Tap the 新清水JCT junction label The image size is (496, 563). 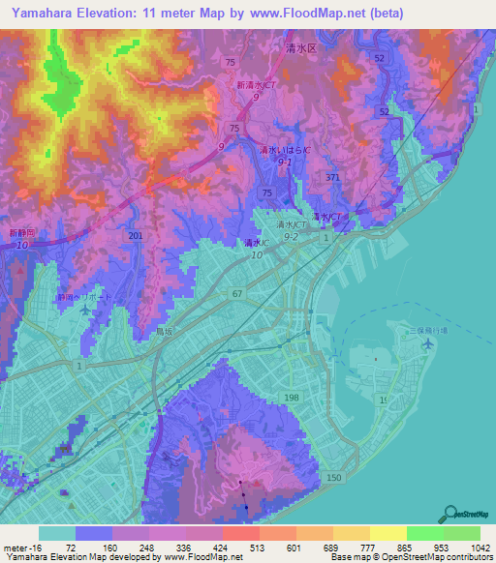257,86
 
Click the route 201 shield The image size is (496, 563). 136,237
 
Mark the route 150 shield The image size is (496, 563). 334,480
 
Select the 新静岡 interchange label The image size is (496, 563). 21,233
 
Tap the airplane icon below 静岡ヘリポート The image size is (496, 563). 88,311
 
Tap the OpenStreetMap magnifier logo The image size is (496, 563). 449,514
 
